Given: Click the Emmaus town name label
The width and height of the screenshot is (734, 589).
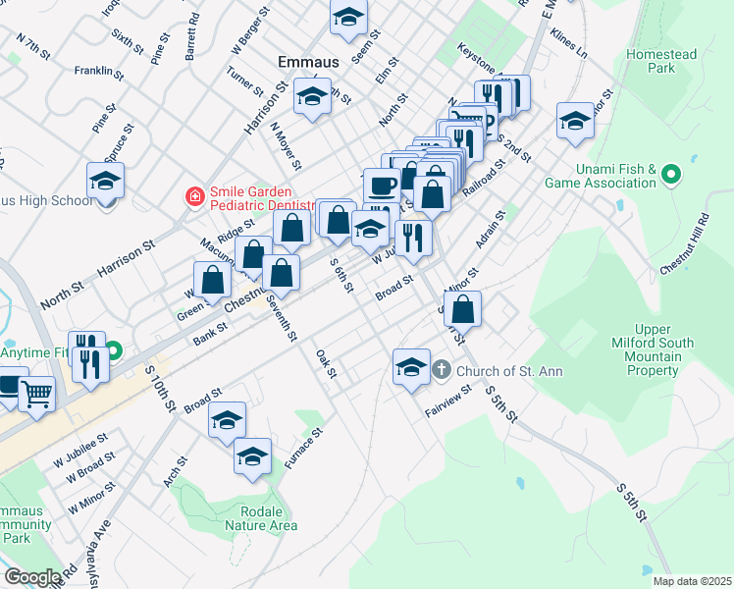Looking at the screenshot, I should point(308,62).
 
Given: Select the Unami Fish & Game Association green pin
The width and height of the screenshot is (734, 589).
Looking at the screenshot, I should point(671,176).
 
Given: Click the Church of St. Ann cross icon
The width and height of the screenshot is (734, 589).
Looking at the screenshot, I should point(442,370).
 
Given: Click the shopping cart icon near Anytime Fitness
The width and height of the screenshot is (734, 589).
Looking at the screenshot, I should point(36,394).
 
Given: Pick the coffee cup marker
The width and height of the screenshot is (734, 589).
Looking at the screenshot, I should point(381,185).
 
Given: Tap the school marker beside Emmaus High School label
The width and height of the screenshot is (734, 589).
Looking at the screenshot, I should point(105,182).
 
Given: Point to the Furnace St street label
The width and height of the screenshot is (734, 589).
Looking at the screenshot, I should point(303,446).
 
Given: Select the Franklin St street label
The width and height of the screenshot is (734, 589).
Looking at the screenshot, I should point(99,71).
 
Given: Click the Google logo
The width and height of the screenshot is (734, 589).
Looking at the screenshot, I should point(32,577).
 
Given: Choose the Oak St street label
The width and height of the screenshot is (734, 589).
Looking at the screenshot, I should point(326,363).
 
